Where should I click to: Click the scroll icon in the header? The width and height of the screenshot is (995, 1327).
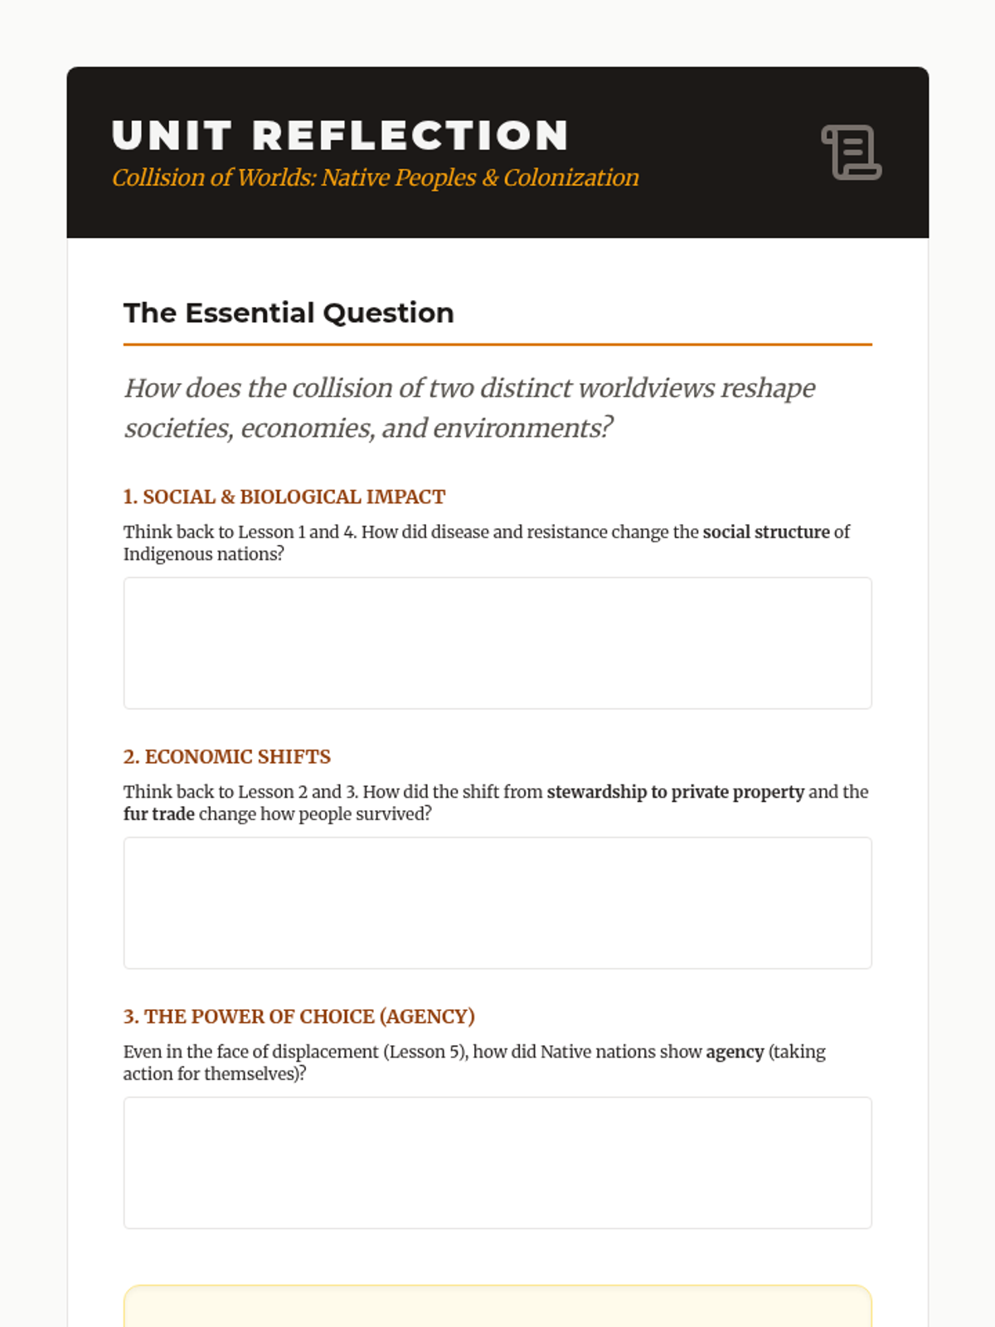click(x=852, y=153)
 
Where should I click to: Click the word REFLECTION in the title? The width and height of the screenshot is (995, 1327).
click(x=410, y=136)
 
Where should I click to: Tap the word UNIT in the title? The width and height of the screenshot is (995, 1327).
click(x=172, y=136)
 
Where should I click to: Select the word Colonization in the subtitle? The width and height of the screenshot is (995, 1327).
click(x=571, y=177)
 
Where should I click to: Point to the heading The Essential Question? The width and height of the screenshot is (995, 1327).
click(x=289, y=313)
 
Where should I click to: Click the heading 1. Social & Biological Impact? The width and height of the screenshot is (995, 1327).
click(x=284, y=497)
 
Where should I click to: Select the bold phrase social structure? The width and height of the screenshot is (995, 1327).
click(x=766, y=532)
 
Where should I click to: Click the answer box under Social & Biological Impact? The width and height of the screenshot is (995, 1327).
click(x=498, y=643)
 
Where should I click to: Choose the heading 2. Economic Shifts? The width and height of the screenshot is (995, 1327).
click(x=227, y=756)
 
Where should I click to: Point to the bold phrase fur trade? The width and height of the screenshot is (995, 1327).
click(x=159, y=814)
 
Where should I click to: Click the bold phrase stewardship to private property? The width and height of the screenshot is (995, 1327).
click(x=675, y=792)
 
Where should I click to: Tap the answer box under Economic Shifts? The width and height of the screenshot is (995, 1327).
click(x=498, y=902)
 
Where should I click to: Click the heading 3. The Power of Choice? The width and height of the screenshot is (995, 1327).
click(x=299, y=1016)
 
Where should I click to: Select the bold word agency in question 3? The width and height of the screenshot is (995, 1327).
click(x=735, y=1052)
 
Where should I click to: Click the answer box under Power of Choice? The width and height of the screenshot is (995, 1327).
click(x=498, y=1162)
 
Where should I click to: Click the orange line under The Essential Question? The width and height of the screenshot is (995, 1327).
click(x=498, y=344)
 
